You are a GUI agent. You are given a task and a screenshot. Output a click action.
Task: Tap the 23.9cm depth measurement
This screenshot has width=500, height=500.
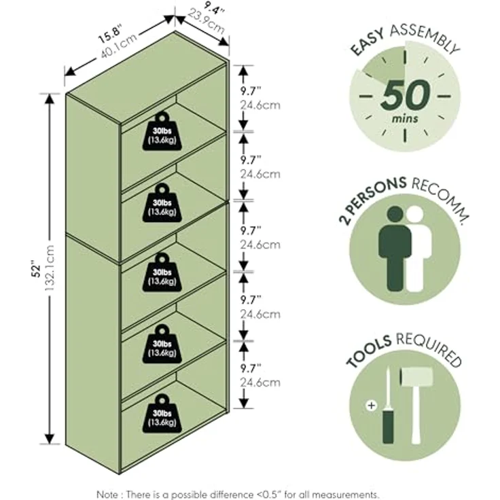[x=207, y=22]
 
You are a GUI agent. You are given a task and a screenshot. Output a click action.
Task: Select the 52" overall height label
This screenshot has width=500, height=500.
[x=37, y=270]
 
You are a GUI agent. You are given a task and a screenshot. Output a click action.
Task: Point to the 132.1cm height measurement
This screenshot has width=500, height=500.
[x=50, y=268]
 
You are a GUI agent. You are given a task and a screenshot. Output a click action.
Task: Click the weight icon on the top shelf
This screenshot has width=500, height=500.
[x=162, y=131]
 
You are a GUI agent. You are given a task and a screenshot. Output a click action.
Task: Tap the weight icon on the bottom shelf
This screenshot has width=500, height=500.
[x=162, y=414]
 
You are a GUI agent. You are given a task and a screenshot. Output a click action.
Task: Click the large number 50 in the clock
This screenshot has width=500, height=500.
[x=405, y=94]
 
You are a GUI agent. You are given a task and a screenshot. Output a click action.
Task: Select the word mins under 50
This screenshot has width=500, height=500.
[x=405, y=119]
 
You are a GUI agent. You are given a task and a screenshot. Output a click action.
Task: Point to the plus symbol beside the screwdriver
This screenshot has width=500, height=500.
[x=372, y=406]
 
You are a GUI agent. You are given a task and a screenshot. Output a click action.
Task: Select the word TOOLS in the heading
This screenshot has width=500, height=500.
[x=369, y=351]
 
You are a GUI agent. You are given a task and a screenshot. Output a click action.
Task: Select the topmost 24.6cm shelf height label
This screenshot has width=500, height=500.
[x=260, y=105]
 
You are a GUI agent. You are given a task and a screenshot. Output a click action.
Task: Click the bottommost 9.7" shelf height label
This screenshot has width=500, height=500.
[x=251, y=369]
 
